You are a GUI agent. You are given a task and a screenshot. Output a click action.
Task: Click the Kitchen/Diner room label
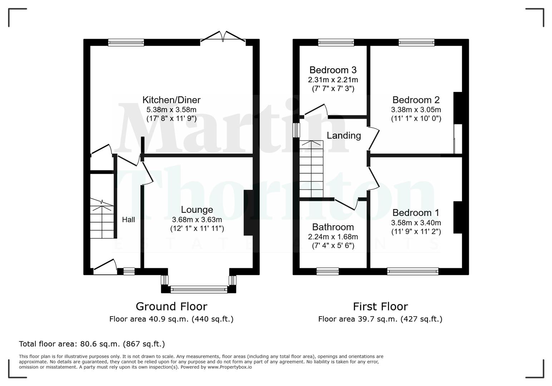[x=171, y=100]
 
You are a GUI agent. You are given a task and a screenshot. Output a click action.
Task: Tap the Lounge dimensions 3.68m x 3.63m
[x=197, y=219]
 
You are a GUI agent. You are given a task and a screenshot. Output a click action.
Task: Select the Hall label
[x=128, y=219]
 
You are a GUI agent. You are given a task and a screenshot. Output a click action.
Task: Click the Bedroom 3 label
[x=333, y=70]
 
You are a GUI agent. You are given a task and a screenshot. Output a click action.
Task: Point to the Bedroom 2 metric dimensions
[x=416, y=110]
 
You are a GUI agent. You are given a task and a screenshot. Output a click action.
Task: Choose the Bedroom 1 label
[x=415, y=213]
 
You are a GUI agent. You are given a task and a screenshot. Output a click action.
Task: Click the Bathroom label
[x=333, y=227]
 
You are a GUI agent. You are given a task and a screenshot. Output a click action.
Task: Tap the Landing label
[x=344, y=135]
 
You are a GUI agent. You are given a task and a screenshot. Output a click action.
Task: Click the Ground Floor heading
[x=171, y=306]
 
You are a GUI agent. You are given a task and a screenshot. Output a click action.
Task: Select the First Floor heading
[x=380, y=306]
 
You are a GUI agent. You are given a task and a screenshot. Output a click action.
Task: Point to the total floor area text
[x=92, y=344]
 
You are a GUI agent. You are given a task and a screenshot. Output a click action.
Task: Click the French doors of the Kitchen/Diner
[x=223, y=37]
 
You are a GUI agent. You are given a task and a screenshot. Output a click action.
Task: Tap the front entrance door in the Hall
[x=105, y=268]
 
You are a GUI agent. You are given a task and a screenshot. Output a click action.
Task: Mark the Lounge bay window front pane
[x=199, y=289]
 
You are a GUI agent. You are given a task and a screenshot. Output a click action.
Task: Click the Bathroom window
[x=327, y=272]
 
